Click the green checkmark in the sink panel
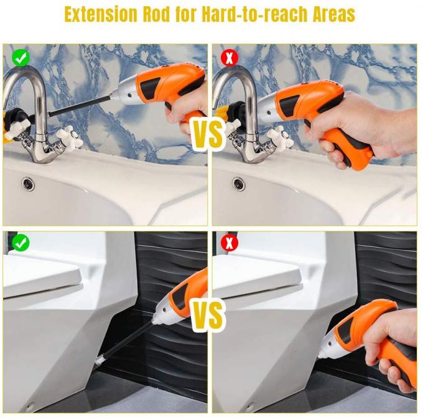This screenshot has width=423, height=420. click(x=21, y=58)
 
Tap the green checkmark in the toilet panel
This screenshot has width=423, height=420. click(x=21, y=243)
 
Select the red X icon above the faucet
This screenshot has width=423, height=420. click(x=229, y=58)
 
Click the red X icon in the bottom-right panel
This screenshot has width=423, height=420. click(x=229, y=243)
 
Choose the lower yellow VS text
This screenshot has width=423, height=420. click(x=208, y=315)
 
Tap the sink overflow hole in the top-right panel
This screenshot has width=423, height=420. click(x=238, y=183)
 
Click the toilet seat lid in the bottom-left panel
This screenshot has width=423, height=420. click(x=40, y=274)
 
